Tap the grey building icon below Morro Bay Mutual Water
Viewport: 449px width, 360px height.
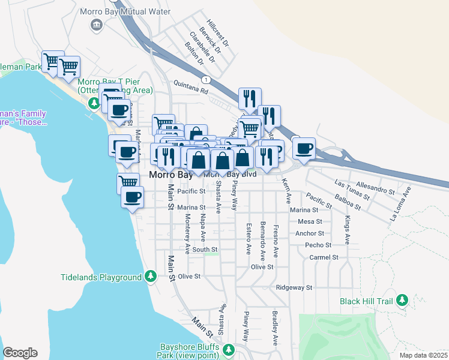pos(95,24)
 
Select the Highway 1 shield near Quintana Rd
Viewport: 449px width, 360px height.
pos(206,79)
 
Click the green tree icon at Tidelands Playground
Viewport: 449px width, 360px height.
pos(151,277)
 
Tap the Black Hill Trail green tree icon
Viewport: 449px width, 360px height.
pos(402,300)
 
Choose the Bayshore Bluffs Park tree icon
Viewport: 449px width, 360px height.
pos(228,349)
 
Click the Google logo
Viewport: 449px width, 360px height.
pos(20,353)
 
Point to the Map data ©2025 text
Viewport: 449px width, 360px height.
pos(424,355)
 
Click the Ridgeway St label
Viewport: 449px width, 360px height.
pos(294,288)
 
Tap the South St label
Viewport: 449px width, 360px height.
pos(205,250)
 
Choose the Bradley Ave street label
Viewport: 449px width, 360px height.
pos(274,328)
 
